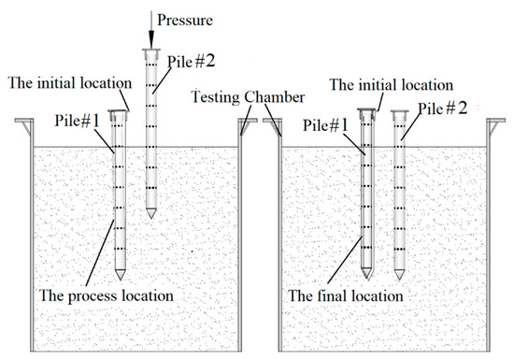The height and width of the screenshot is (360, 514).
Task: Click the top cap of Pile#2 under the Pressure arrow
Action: (150, 51)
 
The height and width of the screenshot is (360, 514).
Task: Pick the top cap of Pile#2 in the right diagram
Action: (401, 112)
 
